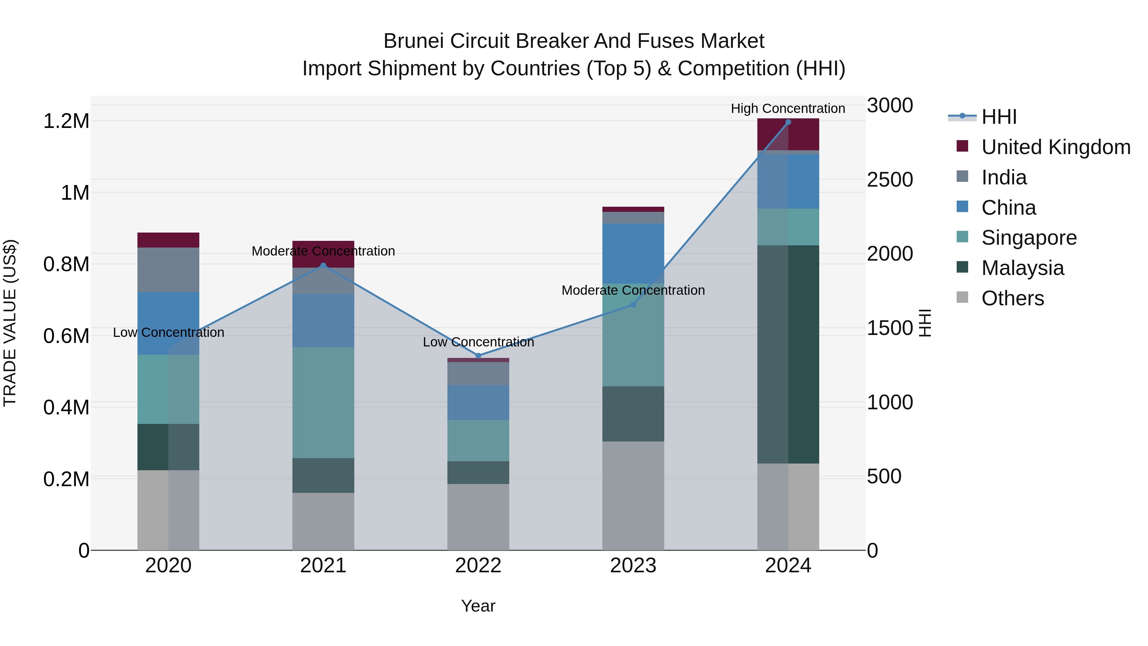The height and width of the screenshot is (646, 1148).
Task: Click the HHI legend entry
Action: click(x=998, y=117)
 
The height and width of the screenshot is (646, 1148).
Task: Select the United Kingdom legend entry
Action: click(x=1055, y=147)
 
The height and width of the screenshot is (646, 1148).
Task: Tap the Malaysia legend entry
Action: click(x=1022, y=268)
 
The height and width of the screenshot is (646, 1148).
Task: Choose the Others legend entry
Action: click(x=1012, y=298)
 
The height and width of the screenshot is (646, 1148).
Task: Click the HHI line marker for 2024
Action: click(x=788, y=122)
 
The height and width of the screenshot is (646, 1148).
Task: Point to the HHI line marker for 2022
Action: click(x=478, y=356)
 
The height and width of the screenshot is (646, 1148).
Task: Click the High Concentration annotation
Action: click(x=787, y=108)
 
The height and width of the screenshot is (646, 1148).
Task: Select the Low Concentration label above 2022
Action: click(x=478, y=342)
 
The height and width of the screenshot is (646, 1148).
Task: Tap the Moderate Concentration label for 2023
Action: click(x=633, y=290)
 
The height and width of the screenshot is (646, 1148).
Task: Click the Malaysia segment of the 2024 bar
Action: click(x=788, y=354)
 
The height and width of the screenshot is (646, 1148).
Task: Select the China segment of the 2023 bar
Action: click(x=633, y=253)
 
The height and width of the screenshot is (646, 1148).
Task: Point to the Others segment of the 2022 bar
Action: click(x=478, y=517)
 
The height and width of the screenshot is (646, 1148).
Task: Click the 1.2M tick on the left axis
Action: click(x=66, y=121)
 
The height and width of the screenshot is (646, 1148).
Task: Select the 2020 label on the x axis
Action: click(x=168, y=566)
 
